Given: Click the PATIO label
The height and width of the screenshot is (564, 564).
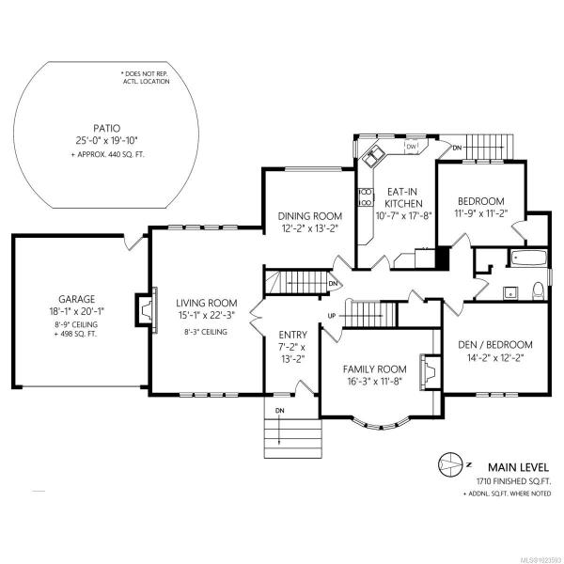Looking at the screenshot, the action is tap(107, 129).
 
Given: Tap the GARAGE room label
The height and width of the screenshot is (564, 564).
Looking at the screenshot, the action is tap(77, 299).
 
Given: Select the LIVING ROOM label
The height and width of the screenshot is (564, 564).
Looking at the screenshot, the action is tap(207, 303).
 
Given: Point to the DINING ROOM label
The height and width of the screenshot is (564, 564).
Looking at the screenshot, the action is tap(309, 216).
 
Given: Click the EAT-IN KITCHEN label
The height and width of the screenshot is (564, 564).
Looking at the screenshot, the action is tap(403, 197).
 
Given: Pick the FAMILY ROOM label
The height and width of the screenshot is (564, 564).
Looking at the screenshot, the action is tap(374, 369).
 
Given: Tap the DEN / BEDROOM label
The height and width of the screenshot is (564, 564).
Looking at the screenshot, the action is tap(495, 345).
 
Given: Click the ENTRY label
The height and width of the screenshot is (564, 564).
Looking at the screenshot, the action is tap(292, 335).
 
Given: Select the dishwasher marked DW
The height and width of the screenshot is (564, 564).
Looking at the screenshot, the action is tap(411, 147).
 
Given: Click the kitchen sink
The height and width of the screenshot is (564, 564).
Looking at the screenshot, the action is tap(372, 156).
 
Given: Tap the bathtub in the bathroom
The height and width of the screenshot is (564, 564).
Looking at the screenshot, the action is tap(527, 258).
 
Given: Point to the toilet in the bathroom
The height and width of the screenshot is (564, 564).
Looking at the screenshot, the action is tap(538, 290).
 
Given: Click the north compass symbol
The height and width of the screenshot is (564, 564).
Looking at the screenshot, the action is tap(450, 464).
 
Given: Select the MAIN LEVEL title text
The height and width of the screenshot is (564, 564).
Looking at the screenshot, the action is tap(518, 467).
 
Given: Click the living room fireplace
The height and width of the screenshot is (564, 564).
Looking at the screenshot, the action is tap(147, 309).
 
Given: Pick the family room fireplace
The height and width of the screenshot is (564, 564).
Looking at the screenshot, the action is tap(431, 372).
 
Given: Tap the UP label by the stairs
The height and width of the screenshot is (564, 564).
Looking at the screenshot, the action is tap(332, 316).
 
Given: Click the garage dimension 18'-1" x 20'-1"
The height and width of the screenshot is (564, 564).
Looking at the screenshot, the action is tap(77, 311).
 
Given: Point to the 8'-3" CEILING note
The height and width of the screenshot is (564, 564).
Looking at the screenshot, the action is tap(206, 332).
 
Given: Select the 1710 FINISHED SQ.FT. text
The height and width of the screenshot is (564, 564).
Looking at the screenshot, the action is tap(513, 481).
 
